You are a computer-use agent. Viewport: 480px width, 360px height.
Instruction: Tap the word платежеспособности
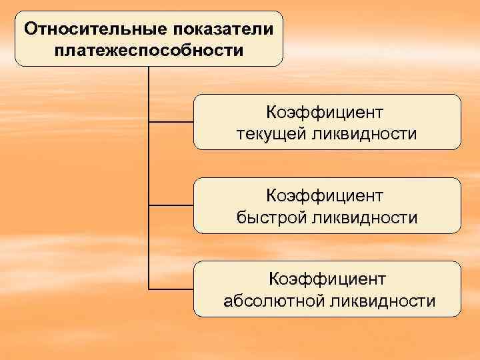(149, 50)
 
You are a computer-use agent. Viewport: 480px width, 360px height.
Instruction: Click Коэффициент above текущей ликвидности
(326, 112)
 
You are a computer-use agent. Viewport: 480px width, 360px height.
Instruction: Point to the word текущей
(269, 134)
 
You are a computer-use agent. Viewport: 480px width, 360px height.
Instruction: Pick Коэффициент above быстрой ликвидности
(326, 195)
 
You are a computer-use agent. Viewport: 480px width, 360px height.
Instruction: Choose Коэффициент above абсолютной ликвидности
(326, 279)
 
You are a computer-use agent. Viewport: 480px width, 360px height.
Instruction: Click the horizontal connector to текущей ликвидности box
(171, 123)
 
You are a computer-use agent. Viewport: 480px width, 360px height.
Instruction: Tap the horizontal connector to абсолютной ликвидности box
(171, 289)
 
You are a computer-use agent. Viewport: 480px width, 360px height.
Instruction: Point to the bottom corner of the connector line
(149, 289)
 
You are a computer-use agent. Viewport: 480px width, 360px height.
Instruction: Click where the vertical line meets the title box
(149, 67)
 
